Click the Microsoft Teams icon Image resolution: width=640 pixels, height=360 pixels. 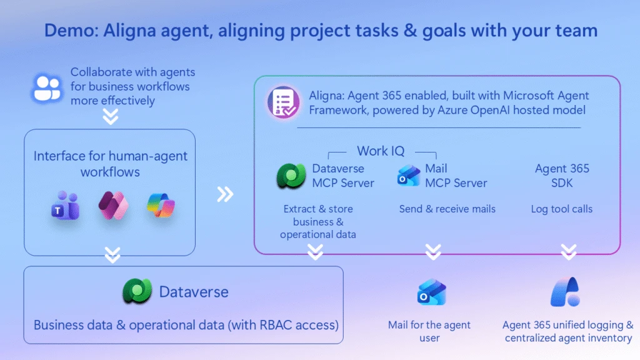(x=65, y=206)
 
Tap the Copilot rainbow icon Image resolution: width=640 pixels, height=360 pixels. (x=161, y=205)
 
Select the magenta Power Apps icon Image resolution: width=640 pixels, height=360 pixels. (x=114, y=205)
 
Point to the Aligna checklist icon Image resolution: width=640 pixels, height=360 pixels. (x=283, y=102)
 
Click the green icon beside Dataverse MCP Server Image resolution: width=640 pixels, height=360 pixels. (x=291, y=176)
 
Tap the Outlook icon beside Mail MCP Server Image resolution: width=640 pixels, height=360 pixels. (x=409, y=176)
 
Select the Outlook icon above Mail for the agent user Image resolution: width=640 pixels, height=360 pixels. (x=431, y=292)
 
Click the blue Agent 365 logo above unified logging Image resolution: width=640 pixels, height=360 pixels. (x=565, y=292)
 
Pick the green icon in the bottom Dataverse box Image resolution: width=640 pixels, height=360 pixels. (x=137, y=291)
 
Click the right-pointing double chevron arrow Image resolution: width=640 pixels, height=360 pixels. (x=225, y=194)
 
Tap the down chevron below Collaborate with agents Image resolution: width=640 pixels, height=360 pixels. (x=111, y=117)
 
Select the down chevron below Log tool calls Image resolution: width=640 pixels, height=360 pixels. (x=569, y=252)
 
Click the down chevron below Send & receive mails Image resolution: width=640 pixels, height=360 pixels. (x=433, y=252)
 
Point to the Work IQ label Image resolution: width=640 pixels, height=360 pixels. (x=381, y=151)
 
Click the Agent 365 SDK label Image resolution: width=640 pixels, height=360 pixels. (x=562, y=176)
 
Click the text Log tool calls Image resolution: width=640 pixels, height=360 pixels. (x=562, y=209)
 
